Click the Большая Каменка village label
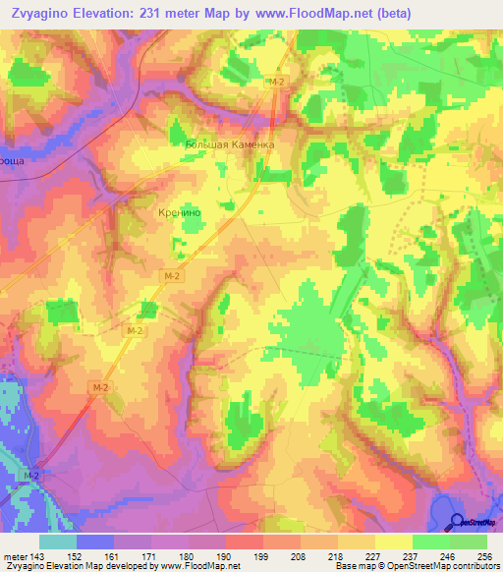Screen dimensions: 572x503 230,143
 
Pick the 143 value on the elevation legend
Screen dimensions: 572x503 37,556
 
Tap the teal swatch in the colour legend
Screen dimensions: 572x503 58,542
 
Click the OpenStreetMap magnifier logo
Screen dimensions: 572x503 458,521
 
